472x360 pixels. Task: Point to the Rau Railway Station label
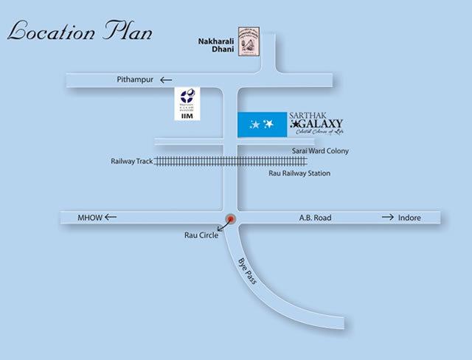299,174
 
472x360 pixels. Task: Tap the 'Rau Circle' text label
201,238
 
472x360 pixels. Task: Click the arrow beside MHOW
111,218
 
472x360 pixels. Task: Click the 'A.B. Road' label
315,218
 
